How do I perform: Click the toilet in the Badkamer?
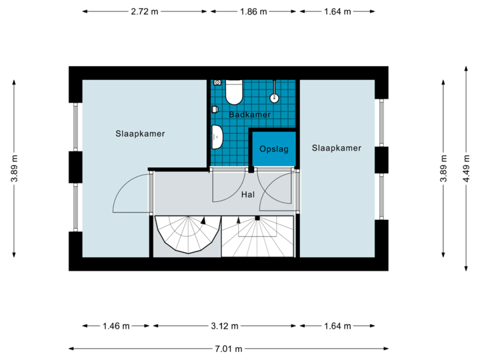(x=234, y=92)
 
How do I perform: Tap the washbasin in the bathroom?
(x=217, y=136)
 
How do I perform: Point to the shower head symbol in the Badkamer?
(x=273, y=97)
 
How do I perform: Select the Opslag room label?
(x=274, y=149)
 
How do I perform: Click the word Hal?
(x=249, y=195)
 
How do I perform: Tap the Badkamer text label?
(x=249, y=115)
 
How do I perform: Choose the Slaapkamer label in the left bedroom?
(x=140, y=133)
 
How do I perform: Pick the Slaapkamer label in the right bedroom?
(x=337, y=148)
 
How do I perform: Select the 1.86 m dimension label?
(x=254, y=11)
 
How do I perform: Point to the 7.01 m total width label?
(x=229, y=349)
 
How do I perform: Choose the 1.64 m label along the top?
(x=337, y=11)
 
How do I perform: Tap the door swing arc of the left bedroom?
(x=127, y=190)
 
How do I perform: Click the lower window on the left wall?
(x=75, y=207)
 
